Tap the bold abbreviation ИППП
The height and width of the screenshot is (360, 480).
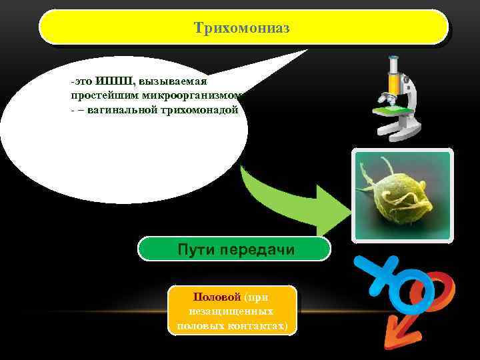click(x=114, y=81)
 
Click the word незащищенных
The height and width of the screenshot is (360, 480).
click(x=232, y=311)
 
